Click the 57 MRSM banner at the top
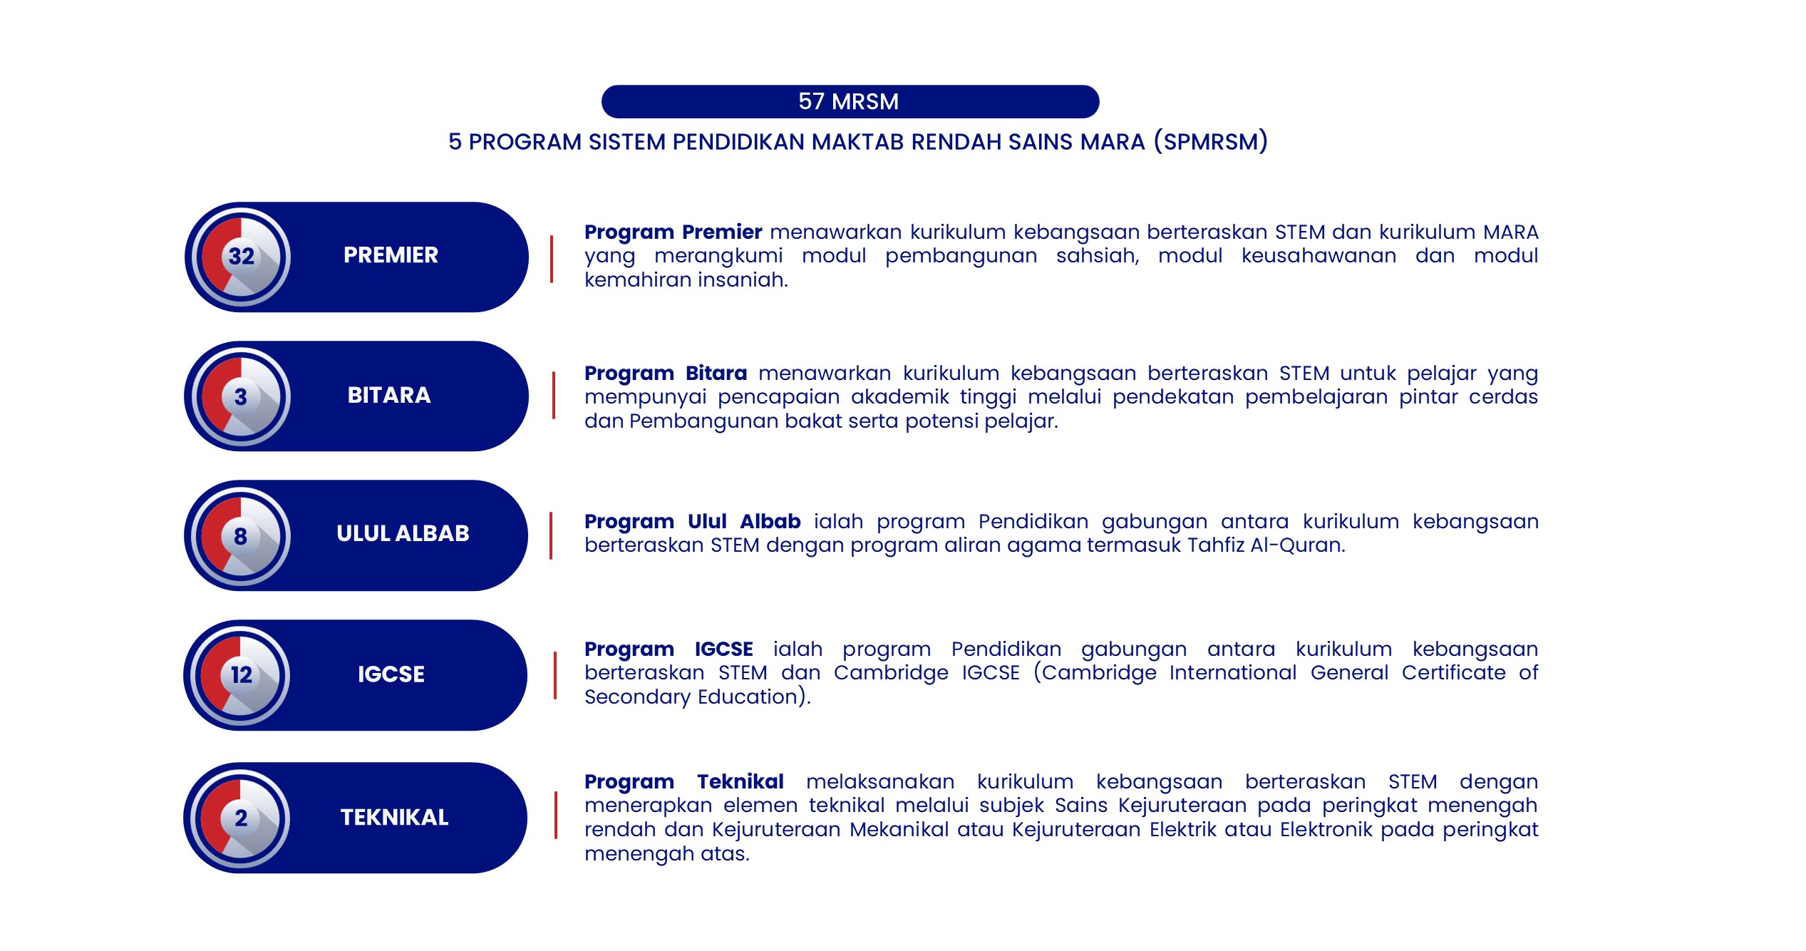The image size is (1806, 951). coord(850,102)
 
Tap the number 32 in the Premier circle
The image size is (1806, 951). coord(242,257)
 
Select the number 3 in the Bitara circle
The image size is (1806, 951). coord(241,397)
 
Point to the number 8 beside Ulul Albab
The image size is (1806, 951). coord(241,536)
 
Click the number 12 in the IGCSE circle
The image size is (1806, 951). coord(242,674)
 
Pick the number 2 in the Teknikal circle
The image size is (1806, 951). coord(241,818)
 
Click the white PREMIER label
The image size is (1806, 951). coord(391,255)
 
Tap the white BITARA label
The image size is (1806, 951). coord(389,396)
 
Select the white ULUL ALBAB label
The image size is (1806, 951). coord(403,534)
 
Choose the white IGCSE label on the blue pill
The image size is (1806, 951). coord(391,674)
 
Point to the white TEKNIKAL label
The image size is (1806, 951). coord(394,818)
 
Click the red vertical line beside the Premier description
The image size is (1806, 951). coord(552,259)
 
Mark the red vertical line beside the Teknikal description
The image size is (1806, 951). coord(556,815)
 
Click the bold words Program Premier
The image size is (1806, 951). coord(673,232)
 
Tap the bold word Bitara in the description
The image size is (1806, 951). coord(716,374)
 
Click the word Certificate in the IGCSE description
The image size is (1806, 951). coord(1453,673)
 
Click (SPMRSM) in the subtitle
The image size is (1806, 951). coord(1211,142)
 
